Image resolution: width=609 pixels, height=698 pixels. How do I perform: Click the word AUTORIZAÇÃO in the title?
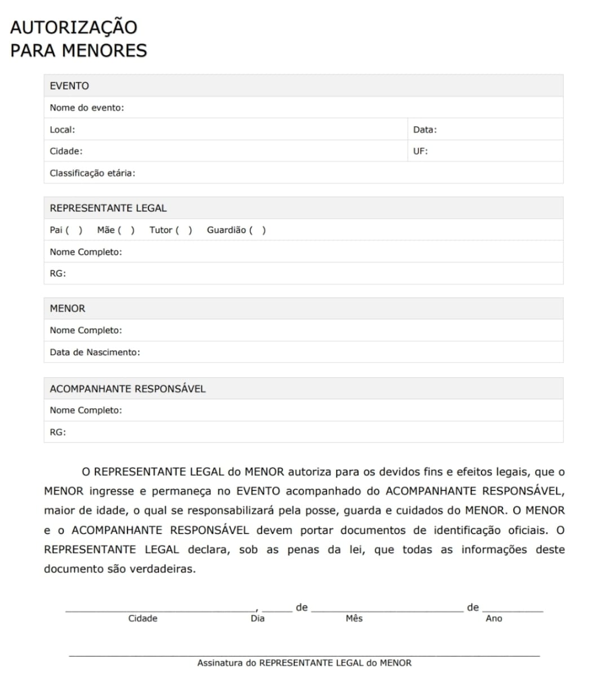click(x=73, y=27)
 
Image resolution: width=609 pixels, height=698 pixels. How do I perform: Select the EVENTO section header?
click(x=69, y=86)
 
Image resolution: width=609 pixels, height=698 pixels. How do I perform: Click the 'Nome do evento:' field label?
click(x=87, y=108)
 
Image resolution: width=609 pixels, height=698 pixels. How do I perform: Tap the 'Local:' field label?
click(x=62, y=130)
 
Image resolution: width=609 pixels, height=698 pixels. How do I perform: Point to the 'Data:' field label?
click(x=425, y=130)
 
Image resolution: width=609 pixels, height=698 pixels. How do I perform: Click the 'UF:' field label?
click(x=420, y=151)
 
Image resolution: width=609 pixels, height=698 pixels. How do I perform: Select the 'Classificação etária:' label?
click(x=92, y=173)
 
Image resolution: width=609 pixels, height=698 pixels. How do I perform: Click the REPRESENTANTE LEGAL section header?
click(x=108, y=208)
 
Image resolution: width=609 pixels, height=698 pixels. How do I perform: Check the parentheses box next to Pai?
click(x=74, y=230)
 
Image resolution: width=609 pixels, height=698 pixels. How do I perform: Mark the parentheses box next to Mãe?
click(x=126, y=230)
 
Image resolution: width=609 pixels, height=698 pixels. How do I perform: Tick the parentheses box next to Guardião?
click(x=257, y=230)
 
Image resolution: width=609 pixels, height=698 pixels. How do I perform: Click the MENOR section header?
click(x=68, y=308)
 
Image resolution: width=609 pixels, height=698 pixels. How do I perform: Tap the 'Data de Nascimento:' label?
click(x=95, y=352)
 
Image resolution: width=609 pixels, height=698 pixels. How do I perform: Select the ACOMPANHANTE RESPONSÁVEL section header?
click(x=127, y=388)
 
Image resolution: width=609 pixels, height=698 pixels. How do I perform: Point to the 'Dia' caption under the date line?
click(x=258, y=619)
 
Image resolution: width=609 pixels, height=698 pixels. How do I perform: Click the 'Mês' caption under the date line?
click(x=354, y=619)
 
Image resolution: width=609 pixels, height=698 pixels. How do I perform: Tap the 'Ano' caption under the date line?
click(x=494, y=619)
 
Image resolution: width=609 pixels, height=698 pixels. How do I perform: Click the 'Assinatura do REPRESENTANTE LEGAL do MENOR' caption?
click(x=304, y=663)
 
